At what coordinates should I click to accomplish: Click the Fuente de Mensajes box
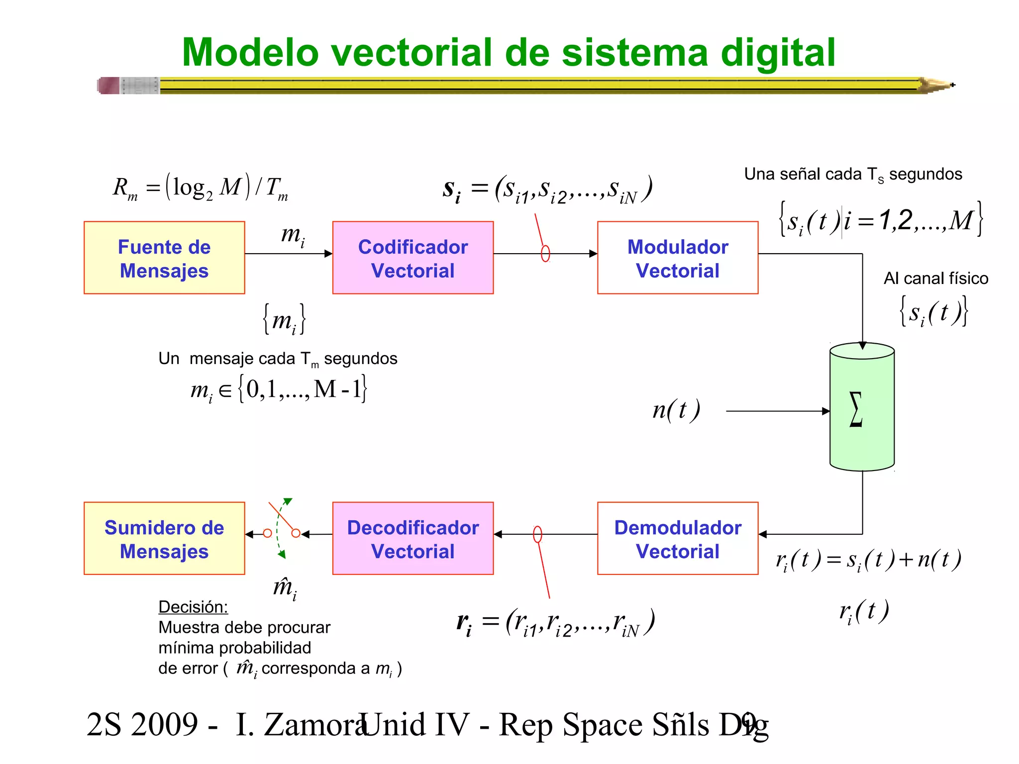(x=164, y=258)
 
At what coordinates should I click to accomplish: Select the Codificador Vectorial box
(x=413, y=258)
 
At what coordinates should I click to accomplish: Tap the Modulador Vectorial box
(x=678, y=258)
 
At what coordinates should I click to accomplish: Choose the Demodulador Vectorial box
(x=678, y=538)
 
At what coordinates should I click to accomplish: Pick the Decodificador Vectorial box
(x=413, y=538)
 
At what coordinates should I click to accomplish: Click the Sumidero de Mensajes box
(x=164, y=538)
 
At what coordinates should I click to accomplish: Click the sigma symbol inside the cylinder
(x=856, y=409)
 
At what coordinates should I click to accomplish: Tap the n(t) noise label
(x=676, y=410)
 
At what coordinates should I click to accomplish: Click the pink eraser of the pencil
(x=109, y=86)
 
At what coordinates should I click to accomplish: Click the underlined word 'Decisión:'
(x=193, y=607)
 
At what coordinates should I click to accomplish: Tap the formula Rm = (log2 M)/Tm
(x=201, y=188)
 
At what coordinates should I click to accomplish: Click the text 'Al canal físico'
(x=935, y=279)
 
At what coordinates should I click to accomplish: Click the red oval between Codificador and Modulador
(x=545, y=254)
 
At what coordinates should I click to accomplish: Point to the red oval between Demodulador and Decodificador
(x=537, y=535)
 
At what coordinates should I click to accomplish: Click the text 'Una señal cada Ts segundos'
(x=853, y=175)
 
